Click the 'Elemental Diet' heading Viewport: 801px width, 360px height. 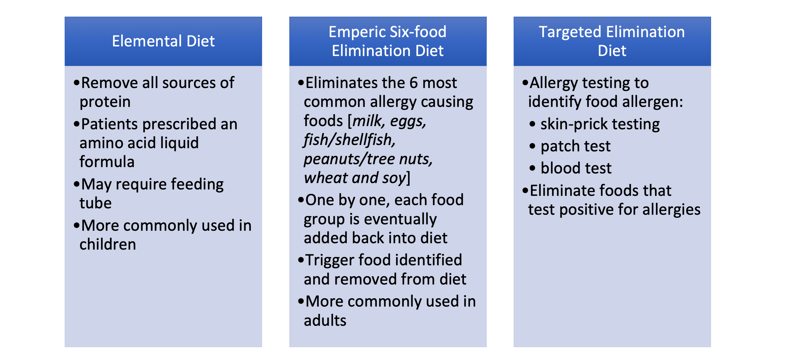tap(163, 41)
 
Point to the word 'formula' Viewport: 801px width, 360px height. tap(107, 161)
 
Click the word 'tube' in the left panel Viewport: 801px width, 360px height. tap(95, 203)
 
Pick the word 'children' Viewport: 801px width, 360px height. tap(108, 244)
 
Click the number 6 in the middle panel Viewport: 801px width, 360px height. tap(414, 83)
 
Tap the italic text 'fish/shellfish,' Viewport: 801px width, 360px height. tap(349, 140)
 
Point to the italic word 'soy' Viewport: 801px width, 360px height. tap(394, 178)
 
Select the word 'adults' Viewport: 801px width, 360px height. tap(325, 321)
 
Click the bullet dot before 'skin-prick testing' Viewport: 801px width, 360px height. tap(532, 124)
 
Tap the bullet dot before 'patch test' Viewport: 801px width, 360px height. tap(532, 146)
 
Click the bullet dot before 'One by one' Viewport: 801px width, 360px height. tap(301, 200)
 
